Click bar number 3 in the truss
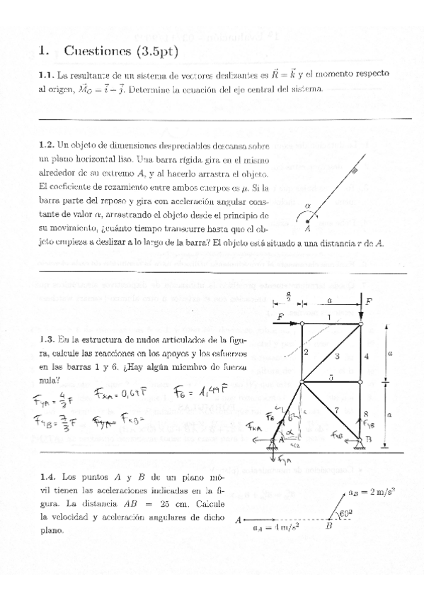[337, 356]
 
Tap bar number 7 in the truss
[337, 410]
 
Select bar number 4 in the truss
[366, 356]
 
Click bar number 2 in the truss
[306, 352]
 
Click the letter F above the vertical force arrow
[369, 302]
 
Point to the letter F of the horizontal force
[281, 317]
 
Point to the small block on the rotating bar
[354, 172]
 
